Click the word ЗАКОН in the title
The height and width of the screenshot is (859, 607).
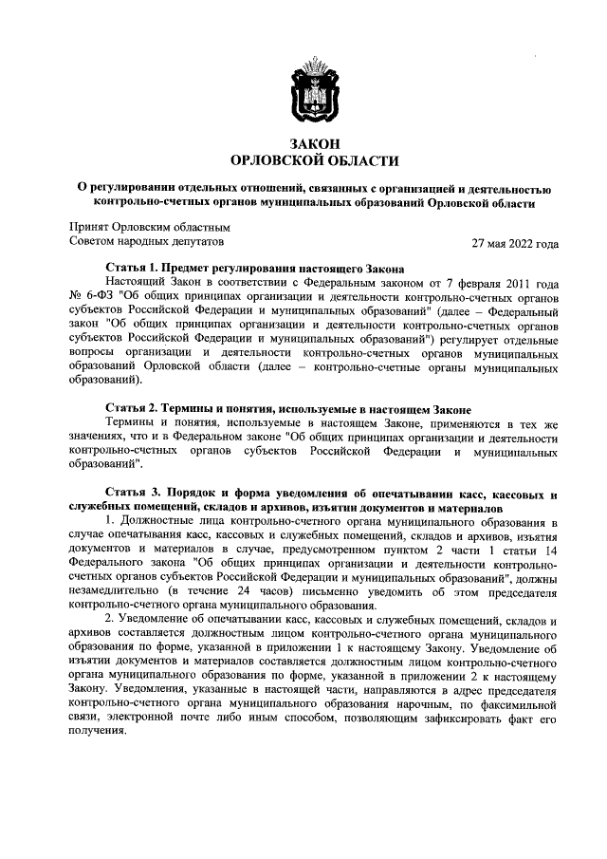tap(314, 143)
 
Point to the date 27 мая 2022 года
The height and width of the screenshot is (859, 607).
tap(515, 243)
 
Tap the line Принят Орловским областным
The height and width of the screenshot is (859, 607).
tap(150, 227)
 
